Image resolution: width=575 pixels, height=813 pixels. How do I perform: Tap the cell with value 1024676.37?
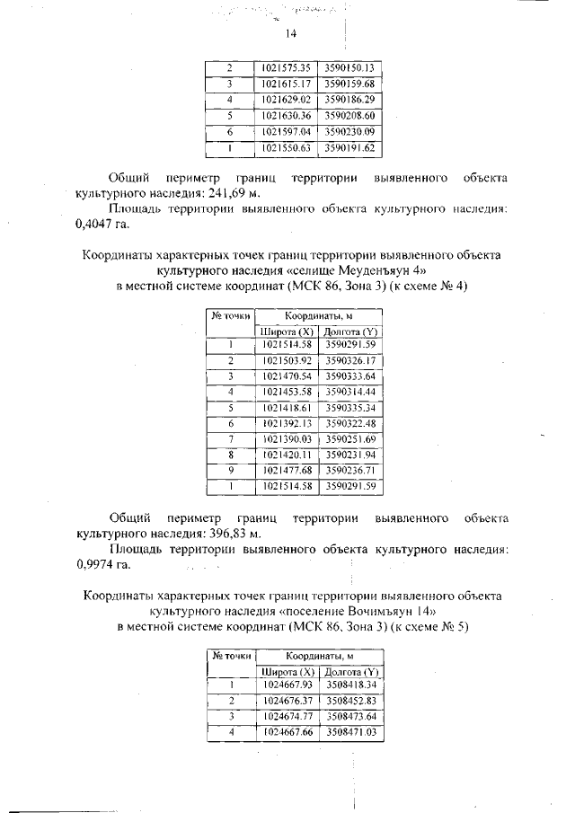(x=286, y=701)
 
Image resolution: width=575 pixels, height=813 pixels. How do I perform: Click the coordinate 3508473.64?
(x=350, y=717)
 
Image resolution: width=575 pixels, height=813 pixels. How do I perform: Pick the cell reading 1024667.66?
(x=286, y=733)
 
